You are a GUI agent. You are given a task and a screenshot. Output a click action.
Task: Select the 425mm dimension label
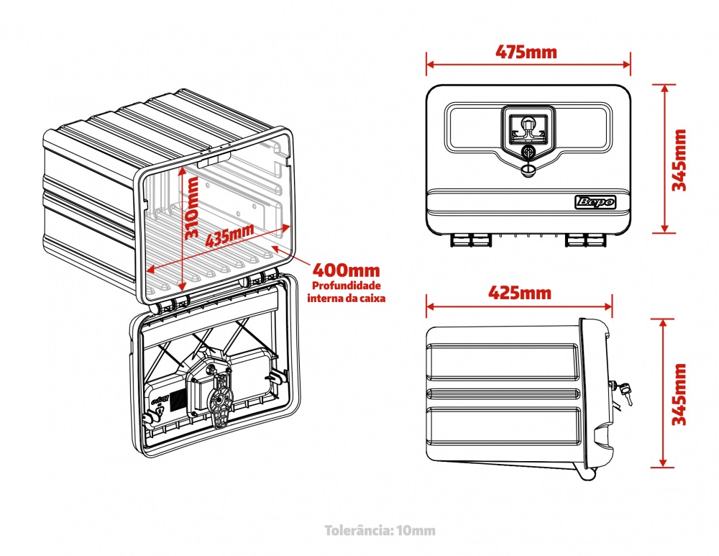[520, 293]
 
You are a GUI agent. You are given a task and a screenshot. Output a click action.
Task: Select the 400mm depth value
[346, 271]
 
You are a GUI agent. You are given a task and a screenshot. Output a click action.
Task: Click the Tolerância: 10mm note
[380, 531]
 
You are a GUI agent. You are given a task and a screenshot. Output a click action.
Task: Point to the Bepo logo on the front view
[596, 202]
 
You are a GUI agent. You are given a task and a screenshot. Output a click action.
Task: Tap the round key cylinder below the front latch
[529, 152]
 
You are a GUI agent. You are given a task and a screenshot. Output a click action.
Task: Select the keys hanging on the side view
[624, 391]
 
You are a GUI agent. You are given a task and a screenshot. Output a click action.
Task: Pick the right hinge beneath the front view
[583, 239]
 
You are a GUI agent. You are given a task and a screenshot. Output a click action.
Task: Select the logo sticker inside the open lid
[159, 398]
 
